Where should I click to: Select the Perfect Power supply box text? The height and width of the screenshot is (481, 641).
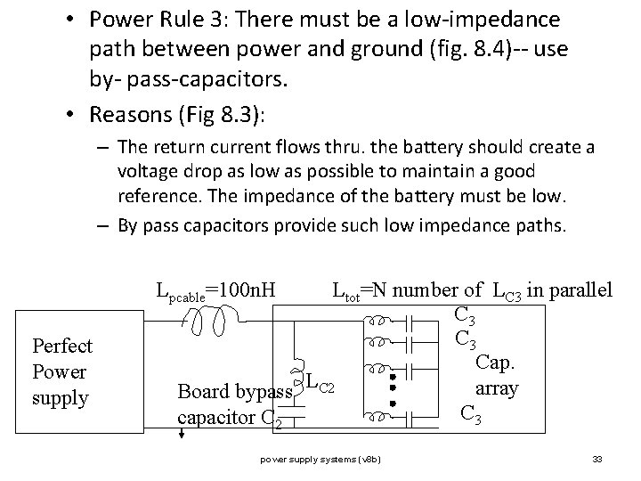pyautogui.click(x=62, y=371)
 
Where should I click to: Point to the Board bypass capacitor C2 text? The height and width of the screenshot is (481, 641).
pyautogui.click(x=235, y=404)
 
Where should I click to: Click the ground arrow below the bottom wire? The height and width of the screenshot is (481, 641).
pyautogui.click(x=182, y=434)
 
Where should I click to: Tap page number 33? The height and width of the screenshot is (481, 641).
pyautogui.click(x=597, y=460)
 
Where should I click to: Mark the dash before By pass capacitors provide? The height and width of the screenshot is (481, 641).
pyautogui.click(x=103, y=226)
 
